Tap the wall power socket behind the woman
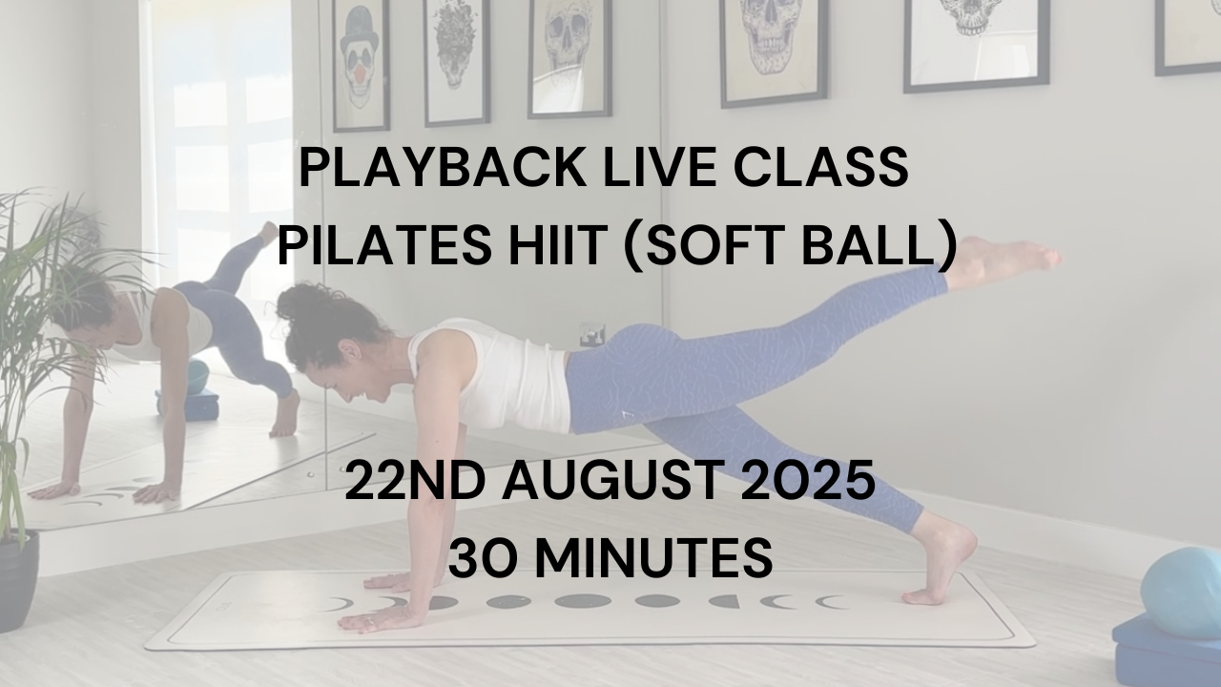pyautogui.click(x=592, y=334)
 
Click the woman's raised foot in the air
pyautogui.click(x=1003, y=260)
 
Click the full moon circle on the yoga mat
pyautogui.click(x=583, y=601)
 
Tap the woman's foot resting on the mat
pyautogui.click(x=943, y=562)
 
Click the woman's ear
pyautogui.click(x=350, y=350)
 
